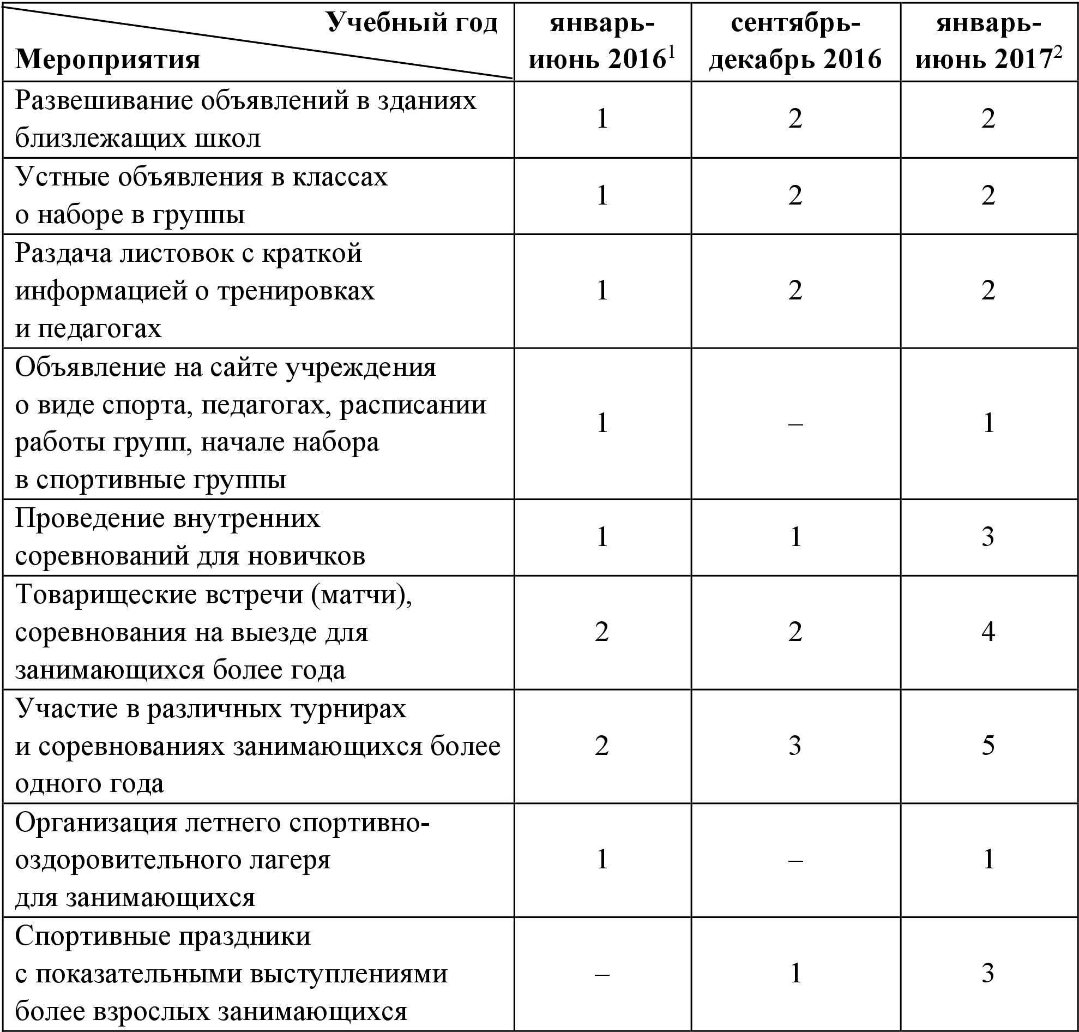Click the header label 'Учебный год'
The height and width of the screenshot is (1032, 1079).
tap(412, 23)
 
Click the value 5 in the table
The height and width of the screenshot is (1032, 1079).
tap(988, 746)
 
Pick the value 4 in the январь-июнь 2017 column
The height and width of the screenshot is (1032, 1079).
tap(988, 632)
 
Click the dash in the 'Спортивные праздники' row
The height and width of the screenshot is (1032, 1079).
tap(602, 974)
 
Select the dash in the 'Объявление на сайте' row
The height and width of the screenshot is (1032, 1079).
tap(795, 424)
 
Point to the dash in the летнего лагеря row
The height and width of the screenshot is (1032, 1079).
tap(795, 860)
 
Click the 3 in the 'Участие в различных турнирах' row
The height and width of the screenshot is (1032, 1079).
tap(795, 746)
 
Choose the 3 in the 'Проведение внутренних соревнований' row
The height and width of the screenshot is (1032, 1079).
tap(988, 537)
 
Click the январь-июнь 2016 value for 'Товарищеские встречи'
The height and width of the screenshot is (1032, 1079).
tap(602, 632)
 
